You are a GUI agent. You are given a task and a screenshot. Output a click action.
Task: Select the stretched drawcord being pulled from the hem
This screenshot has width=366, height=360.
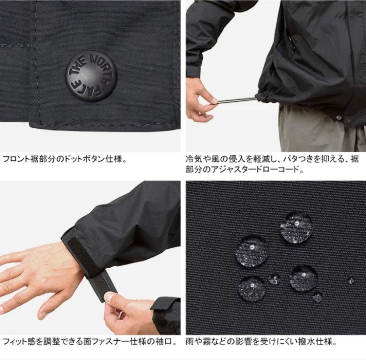pos(237,100)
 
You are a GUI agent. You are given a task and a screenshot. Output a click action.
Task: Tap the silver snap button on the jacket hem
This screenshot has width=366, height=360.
pos(339,117)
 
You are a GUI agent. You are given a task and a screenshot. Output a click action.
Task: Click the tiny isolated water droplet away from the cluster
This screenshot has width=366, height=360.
pos(351,281)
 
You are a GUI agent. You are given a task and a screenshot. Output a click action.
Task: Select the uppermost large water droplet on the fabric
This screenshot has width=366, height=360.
pos(296,227)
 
